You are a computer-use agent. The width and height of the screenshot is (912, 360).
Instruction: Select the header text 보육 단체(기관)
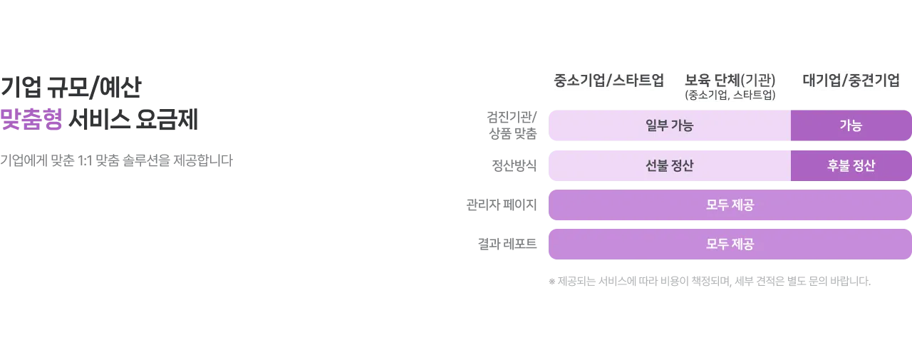pos(730,80)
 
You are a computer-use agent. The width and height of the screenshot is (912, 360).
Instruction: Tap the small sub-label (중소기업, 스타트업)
pos(730,95)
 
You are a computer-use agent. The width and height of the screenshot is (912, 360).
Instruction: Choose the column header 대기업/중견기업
pos(851,80)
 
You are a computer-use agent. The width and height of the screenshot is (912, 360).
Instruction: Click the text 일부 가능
pos(669,125)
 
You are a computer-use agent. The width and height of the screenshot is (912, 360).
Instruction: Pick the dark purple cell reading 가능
pos(851,125)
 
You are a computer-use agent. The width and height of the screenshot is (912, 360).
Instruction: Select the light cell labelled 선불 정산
pos(669,165)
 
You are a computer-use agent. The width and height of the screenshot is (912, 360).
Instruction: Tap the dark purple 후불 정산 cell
pos(851,165)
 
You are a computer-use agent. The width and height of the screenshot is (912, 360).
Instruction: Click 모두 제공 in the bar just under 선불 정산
pos(730,205)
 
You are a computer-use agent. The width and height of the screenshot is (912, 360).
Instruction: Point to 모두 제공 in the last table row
pos(730,245)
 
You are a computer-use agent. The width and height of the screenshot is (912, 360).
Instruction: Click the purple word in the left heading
pos(31,120)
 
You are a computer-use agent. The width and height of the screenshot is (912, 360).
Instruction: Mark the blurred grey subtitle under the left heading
pos(116,163)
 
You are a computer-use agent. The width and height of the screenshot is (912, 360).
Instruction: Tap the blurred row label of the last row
pos(507,245)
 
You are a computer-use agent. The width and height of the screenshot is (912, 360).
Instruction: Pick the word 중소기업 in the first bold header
pos(578,80)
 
